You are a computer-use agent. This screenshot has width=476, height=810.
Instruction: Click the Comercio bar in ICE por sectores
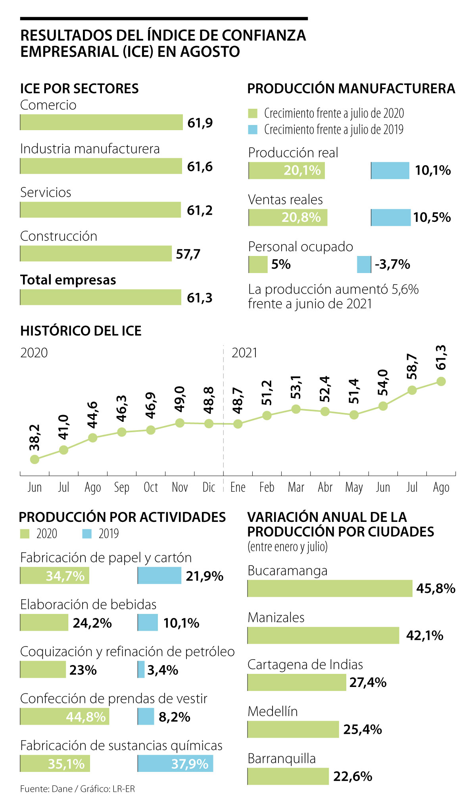(101, 122)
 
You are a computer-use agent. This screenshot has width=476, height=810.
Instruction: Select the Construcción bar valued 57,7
(96, 254)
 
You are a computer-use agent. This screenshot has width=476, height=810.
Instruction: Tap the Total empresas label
(68, 280)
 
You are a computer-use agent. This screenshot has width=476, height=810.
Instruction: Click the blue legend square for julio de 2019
(253, 129)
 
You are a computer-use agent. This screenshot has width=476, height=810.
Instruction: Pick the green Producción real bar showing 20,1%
(287, 171)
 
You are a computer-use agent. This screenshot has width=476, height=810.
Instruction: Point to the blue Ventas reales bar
(391, 217)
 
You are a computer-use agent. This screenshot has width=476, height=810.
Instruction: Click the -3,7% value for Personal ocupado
(392, 264)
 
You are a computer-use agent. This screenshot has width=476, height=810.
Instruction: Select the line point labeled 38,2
(35, 459)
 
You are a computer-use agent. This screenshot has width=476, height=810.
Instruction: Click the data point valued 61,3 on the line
(441, 381)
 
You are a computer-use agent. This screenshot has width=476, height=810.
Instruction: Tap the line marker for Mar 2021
(296, 409)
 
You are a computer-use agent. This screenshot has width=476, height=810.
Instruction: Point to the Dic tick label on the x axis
(209, 487)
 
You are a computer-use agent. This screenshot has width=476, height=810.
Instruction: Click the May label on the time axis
(354, 487)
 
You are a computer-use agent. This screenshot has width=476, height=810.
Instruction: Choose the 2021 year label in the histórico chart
(244, 353)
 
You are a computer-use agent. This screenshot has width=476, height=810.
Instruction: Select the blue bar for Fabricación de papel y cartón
(159, 575)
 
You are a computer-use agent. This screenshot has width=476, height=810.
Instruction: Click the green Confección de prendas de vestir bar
(65, 717)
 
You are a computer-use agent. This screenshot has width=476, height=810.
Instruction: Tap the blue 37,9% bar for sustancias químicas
(175, 764)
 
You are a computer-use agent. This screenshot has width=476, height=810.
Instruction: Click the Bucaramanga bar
(330, 588)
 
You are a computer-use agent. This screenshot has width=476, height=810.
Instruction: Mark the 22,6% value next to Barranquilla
(353, 776)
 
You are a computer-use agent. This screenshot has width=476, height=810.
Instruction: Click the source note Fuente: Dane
(46, 789)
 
